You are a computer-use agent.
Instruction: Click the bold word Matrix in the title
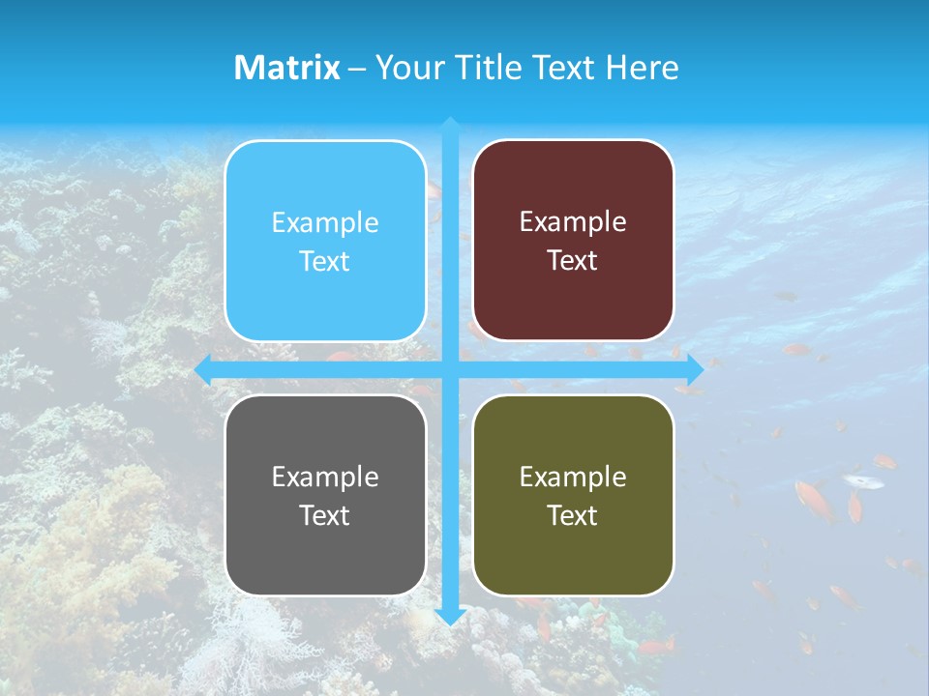pyautogui.click(x=287, y=68)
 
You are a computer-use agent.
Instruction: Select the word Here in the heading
pyautogui.click(x=642, y=68)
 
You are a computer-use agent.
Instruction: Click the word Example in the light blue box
pyautogui.click(x=325, y=223)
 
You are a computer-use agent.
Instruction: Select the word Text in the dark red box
pyautogui.click(x=573, y=261)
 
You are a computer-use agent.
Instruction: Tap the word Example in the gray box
pyautogui.click(x=325, y=477)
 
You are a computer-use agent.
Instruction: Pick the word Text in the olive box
pyautogui.click(x=573, y=515)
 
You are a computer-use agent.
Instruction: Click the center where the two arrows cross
pyautogui.click(x=450, y=368)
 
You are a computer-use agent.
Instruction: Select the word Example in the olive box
pyautogui.click(x=573, y=477)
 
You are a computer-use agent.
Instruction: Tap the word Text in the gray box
pyautogui.click(x=325, y=515)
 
